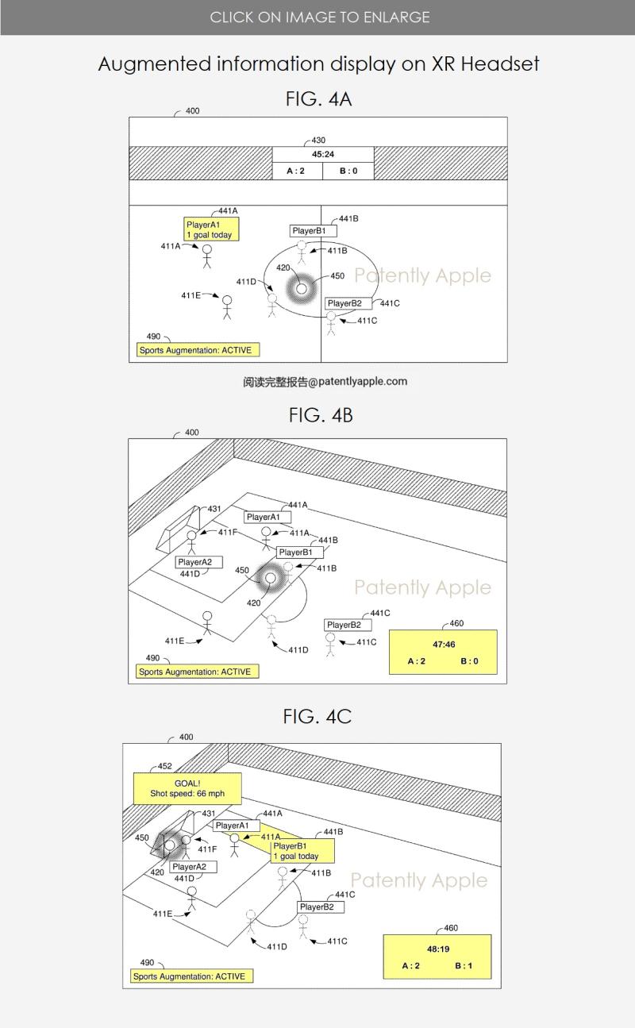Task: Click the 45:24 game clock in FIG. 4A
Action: [323, 154]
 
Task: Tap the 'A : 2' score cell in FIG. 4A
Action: [298, 171]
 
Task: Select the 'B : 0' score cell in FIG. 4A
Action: [348, 171]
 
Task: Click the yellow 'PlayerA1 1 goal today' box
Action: [211, 229]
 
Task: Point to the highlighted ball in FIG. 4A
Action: [302, 289]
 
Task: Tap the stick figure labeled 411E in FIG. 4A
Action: [227, 307]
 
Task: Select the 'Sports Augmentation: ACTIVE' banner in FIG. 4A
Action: [198, 350]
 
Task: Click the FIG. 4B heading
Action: [321, 415]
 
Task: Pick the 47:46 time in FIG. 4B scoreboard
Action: [444, 645]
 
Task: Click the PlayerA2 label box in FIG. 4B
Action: [198, 562]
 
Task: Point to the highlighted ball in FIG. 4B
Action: [271, 578]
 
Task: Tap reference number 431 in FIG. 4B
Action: [214, 509]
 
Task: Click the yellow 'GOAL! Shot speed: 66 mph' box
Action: [187, 788]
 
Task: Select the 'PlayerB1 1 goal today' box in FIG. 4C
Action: [302, 851]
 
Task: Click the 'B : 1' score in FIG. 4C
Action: [464, 965]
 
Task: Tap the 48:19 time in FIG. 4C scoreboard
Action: [438, 949]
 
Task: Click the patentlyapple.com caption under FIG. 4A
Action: [325, 381]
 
